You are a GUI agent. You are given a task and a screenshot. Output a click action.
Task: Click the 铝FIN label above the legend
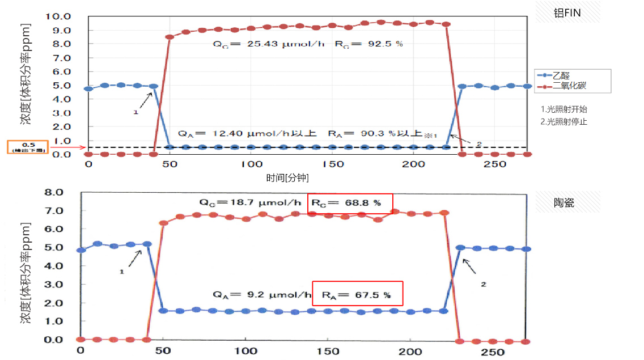point(567,12)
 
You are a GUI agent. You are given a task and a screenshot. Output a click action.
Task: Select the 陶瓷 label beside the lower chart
point(564,202)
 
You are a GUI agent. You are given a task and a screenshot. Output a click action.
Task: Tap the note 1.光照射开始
point(564,109)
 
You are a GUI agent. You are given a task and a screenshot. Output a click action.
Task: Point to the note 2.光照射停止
point(564,121)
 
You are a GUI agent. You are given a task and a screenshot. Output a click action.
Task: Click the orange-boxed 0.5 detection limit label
point(27,146)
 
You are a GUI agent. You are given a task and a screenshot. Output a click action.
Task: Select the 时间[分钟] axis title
point(287,177)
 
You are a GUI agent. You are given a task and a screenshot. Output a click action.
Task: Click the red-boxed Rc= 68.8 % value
point(350,203)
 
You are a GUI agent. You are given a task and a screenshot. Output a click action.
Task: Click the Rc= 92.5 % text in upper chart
point(376,44)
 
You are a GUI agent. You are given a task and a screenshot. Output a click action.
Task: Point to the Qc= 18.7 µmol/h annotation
point(250,202)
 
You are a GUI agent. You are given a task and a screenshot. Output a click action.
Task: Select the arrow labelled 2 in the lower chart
point(472,269)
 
